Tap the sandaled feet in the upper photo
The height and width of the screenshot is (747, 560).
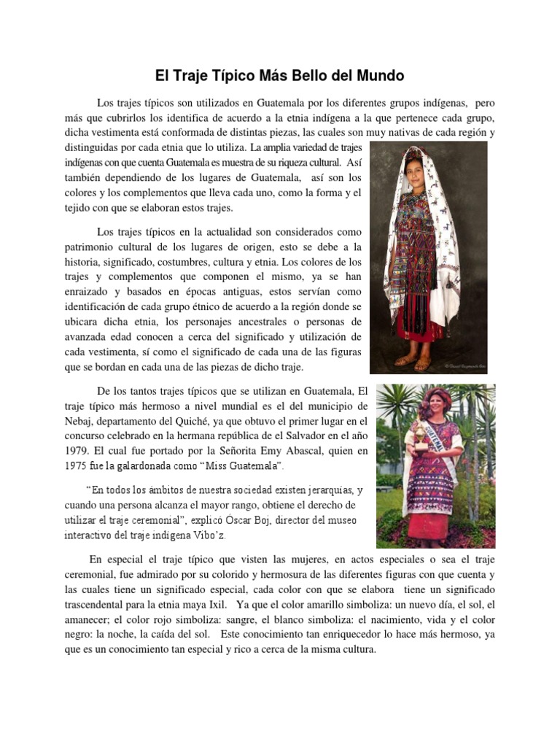pyautogui.click(x=412, y=360)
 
